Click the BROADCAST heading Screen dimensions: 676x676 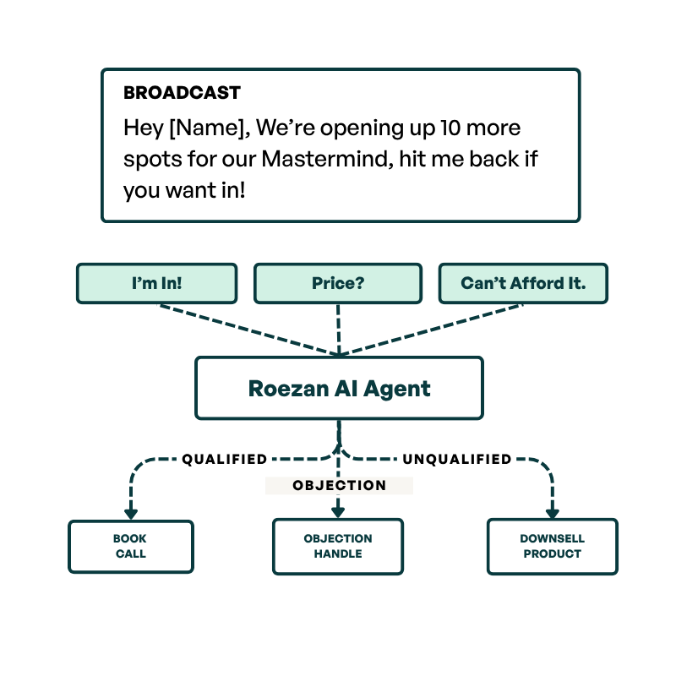point(182,93)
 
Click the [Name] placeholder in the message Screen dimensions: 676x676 point(207,128)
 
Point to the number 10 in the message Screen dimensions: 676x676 point(452,128)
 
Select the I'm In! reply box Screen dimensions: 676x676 point(156,283)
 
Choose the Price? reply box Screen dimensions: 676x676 point(337,283)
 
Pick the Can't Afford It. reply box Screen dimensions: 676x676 point(523,283)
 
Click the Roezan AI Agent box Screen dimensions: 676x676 point(339,388)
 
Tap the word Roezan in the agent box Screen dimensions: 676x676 point(285,389)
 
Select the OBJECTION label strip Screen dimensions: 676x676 point(339,486)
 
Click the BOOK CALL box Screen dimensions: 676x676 point(130,547)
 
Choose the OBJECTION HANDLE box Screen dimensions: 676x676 point(337,547)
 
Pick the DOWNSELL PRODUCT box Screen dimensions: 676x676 point(552,547)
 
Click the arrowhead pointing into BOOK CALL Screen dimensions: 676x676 point(130,512)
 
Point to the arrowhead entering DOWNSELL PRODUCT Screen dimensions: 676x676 point(552,512)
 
